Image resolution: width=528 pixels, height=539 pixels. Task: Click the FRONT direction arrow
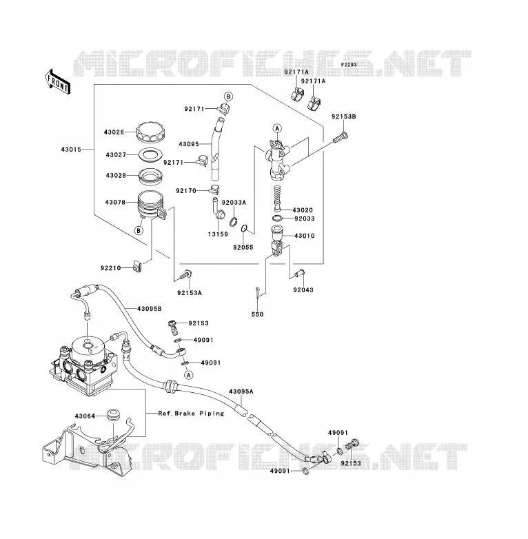57,82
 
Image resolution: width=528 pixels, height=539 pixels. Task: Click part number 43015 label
71,150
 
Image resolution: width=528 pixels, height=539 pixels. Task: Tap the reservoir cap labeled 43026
150,132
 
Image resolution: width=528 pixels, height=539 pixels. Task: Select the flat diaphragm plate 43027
150,154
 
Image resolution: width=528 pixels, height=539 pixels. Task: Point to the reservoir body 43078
151,205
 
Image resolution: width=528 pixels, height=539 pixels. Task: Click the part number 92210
111,268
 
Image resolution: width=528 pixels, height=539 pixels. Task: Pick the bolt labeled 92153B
341,138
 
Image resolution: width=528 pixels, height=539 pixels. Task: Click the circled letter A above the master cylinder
277,129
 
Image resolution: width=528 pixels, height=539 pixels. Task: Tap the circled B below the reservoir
139,230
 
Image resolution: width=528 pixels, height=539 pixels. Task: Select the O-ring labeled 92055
244,228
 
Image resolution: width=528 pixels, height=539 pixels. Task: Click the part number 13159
218,234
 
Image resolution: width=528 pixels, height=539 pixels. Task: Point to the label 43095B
150,309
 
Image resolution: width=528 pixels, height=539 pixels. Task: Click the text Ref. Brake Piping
191,413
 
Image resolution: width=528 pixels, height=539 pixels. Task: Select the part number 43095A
241,391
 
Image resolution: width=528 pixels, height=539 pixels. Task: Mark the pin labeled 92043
300,273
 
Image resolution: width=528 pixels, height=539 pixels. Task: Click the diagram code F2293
349,65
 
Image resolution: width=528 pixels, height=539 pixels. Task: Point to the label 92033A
234,203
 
